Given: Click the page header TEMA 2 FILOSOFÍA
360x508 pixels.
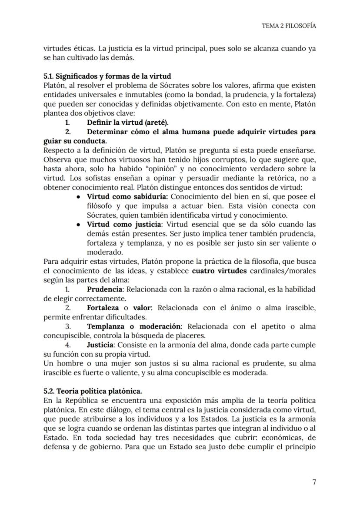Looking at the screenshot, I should (x=288, y=26).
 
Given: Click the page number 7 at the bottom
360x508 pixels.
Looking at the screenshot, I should (x=314, y=482).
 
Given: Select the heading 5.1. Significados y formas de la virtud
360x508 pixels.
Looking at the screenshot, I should (x=107, y=76).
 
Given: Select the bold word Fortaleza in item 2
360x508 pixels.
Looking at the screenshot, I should (x=103, y=308).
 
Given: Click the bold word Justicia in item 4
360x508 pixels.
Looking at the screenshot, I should (x=100, y=345).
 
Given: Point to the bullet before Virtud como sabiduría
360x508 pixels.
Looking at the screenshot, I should (x=77, y=197).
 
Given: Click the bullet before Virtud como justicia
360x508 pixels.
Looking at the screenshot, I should (x=77, y=225).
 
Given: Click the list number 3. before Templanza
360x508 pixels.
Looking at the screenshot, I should (x=68, y=326).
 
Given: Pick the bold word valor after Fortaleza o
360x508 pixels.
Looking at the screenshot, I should (x=142, y=308).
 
